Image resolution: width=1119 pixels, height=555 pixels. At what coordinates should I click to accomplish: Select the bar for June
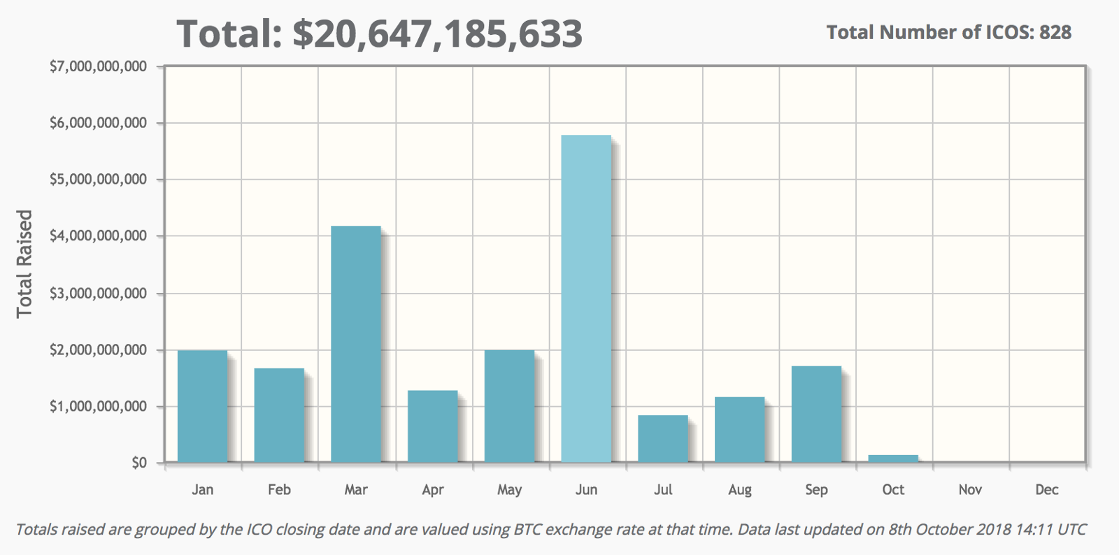click(586, 298)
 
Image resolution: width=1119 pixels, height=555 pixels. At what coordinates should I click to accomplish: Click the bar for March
click(356, 344)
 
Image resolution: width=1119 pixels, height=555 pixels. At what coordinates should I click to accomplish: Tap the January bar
click(202, 405)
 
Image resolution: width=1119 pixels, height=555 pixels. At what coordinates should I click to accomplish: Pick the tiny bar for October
click(893, 459)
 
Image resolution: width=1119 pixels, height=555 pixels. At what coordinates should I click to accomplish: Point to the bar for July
click(663, 438)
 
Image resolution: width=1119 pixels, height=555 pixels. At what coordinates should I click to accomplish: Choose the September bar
click(816, 414)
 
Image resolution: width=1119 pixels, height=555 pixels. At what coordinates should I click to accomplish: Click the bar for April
click(433, 426)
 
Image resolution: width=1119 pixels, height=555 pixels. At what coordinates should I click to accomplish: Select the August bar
click(740, 429)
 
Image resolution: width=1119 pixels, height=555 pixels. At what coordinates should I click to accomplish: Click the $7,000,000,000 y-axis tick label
click(98, 66)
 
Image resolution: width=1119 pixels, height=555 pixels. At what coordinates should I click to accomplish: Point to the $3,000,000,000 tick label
click(98, 293)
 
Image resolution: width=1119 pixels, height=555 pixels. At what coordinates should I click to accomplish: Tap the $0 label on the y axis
click(139, 463)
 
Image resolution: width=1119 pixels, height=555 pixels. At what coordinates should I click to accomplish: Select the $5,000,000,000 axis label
click(98, 180)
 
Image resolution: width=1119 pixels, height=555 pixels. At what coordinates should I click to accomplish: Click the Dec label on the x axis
click(1046, 490)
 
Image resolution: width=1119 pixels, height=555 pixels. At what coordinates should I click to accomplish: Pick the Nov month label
click(970, 490)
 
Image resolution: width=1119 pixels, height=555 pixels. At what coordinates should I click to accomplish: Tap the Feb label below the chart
click(279, 490)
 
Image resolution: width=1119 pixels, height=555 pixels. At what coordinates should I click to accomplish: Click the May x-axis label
click(509, 490)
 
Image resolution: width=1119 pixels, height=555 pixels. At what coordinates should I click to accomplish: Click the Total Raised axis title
click(24, 264)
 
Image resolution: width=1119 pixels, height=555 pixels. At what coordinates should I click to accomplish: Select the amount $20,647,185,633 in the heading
click(437, 34)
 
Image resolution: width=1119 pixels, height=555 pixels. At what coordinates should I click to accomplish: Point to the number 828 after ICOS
click(1055, 32)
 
